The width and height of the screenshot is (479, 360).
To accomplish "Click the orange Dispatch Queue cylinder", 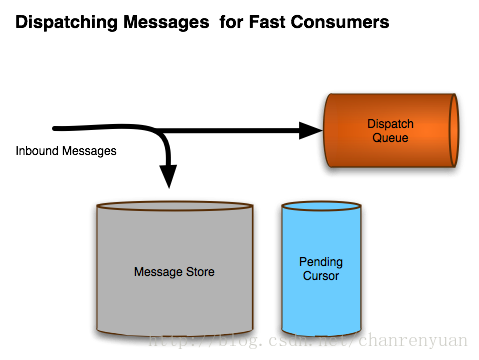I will click(390, 150).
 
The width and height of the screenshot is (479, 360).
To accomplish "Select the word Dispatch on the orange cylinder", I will click(390, 124).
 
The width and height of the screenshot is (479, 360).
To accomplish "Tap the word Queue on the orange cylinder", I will click(390, 138).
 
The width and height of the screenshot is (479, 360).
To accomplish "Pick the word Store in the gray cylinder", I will click(200, 272).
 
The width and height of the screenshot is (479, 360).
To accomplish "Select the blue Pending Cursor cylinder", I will click(320, 300).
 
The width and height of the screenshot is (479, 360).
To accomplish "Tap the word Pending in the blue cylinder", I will click(320, 262).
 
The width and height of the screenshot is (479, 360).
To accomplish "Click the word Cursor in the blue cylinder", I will click(320, 276).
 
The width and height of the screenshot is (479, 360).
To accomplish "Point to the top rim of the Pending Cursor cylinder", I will click(320, 205).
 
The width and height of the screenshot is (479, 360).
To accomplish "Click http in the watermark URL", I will click(165, 342).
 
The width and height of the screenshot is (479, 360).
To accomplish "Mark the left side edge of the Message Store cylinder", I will click(95, 270).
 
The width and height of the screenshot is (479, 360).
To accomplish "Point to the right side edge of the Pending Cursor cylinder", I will click(362, 270).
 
